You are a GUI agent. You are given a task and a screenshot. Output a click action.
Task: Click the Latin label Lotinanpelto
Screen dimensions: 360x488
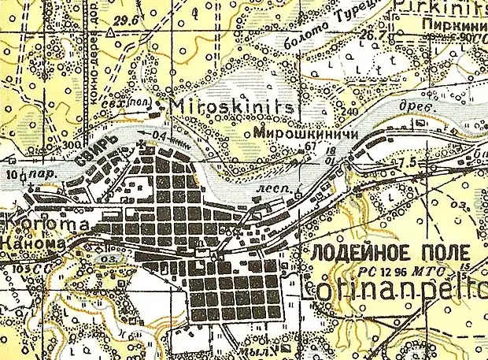pyautogui.click(x=394, y=290)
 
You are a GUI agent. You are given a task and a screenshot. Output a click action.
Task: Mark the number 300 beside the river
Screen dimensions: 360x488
pyautogui.click(x=72, y=146)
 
